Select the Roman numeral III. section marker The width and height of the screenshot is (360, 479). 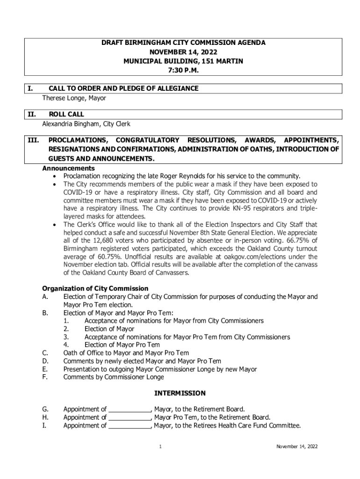point(33,140)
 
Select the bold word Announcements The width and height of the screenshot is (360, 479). point(69,168)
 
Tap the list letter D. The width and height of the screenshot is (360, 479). point(45,361)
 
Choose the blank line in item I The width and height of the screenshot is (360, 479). point(130,426)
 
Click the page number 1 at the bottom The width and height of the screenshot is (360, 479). point(160,447)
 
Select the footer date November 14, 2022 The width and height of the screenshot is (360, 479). point(297,447)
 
